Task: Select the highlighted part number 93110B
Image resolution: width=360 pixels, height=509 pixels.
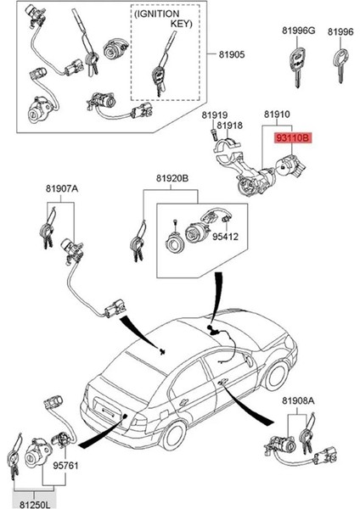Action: tap(292, 136)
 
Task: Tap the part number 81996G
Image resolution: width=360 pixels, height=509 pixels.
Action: tap(298, 31)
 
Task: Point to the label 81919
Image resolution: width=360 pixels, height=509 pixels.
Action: tap(215, 115)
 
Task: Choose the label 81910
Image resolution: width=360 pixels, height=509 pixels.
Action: tap(277, 113)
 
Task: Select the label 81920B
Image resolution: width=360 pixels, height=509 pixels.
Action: tap(172, 179)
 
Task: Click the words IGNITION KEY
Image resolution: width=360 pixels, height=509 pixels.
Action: tap(165, 20)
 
